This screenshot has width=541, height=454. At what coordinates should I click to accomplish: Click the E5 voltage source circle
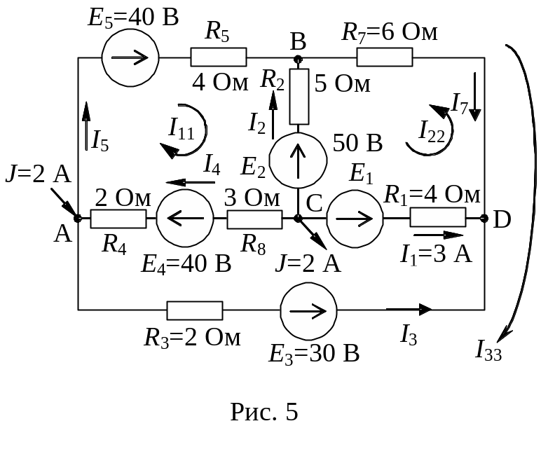click(x=130, y=57)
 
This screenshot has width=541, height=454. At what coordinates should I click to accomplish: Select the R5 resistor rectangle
click(x=219, y=57)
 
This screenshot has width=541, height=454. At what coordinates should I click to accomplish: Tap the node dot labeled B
click(x=298, y=58)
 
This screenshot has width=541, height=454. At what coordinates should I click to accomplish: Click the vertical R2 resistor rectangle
click(x=299, y=96)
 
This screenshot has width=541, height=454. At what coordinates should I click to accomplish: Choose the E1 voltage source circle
click(x=355, y=219)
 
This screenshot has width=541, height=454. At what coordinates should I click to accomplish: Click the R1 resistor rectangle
click(x=438, y=218)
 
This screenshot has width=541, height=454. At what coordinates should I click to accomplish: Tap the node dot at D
click(x=485, y=219)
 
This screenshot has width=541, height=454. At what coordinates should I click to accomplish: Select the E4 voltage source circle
click(x=184, y=219)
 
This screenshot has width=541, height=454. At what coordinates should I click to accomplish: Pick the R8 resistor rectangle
click(x=254, y=219)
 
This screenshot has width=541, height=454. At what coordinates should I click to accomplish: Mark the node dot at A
click(x=78, y=219)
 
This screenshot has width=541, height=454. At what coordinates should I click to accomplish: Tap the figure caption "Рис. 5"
click(x=265, y=412)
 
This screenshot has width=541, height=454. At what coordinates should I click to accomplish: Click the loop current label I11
click(x=181, y=128)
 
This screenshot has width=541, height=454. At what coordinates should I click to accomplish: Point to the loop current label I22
click(x=431, y=130)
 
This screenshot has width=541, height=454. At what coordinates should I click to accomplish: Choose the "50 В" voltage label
click(x=357, y=144)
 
